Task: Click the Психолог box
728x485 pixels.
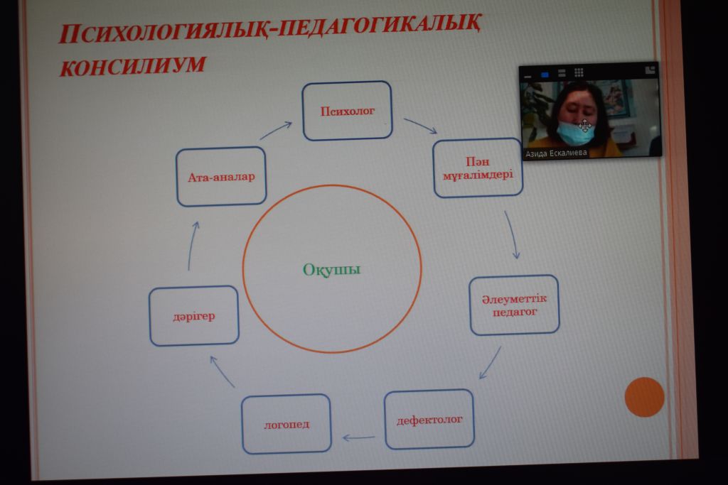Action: point(347,111)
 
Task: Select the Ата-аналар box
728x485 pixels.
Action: point(221,177)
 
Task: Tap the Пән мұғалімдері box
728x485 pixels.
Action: point(478,168)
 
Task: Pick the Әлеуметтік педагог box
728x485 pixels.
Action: point(515,305)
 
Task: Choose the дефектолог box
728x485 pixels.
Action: point(429,420)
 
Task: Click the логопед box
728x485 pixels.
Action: point(286,424)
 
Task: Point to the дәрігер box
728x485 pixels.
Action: point(193,316)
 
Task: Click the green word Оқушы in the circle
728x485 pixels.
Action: point(331,269)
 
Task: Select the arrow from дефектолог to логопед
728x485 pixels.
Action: point(358,437)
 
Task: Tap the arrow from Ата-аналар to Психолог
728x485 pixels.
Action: point(275,130)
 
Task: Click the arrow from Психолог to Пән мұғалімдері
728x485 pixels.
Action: point(421,126)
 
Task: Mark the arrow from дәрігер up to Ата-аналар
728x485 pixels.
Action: point(192,246)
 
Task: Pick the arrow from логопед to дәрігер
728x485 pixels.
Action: point(222,371)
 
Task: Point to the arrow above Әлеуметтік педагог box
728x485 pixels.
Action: point(512,234)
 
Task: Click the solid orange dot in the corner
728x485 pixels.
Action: point(644,398)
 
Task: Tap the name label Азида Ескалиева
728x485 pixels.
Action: point(556,153)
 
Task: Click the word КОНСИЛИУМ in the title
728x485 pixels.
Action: point(132,65)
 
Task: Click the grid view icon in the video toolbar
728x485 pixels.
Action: point(579,73)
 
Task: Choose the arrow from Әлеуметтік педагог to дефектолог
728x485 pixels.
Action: point(490,363)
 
